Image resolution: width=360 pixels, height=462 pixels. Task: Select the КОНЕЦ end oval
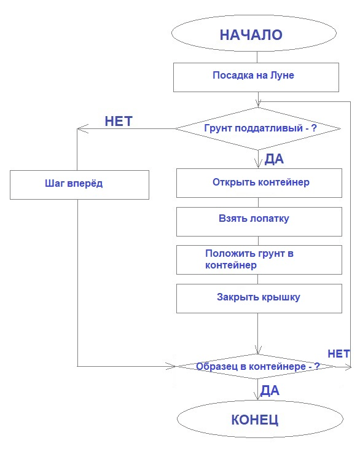point(255,420)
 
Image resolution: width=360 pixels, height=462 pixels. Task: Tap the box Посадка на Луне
point(257,77)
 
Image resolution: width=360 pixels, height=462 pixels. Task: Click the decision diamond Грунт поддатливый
point(257,129)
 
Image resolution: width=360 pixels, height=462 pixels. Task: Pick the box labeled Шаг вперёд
point(79,184)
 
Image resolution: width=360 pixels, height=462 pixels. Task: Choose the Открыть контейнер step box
point(259,182)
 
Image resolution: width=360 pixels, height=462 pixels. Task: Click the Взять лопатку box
point(259,219)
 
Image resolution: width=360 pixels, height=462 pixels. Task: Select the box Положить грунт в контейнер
point(259,259)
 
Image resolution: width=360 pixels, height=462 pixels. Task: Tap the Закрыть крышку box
point(259,297)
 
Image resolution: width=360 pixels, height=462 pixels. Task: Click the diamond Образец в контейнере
point(257,366)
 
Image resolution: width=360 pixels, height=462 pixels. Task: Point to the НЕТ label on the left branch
point(119,121)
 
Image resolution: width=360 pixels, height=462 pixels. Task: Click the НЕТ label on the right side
point(338,354)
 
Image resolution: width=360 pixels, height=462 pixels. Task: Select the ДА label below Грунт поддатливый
point(274,160)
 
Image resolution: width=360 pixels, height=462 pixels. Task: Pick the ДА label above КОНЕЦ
point(270,390)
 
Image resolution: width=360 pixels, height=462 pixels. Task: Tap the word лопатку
point(270,219)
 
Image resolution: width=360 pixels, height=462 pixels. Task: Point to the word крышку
point(279,297)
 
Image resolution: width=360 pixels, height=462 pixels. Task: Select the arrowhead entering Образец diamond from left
point(173,367)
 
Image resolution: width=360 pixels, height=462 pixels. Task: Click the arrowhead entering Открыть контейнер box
point(257,165)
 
